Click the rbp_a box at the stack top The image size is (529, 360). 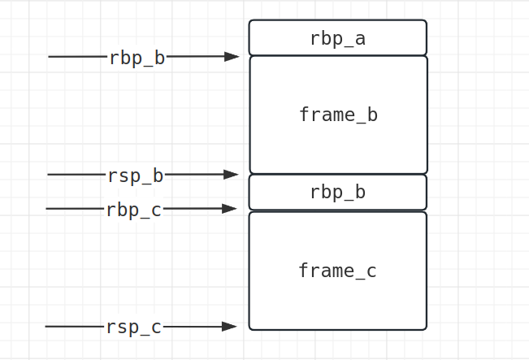point(337,38)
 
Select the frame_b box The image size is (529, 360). point(337,115)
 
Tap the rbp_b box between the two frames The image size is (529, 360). point(337,193)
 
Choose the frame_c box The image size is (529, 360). point(337,271)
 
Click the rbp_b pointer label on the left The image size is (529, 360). point(137,58)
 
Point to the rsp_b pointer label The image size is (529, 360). point(135,175)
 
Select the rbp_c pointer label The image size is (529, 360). point(133,210)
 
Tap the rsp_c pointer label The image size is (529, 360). point(133,327)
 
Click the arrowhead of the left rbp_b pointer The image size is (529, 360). point(232,57)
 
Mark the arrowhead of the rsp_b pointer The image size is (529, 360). point(232,174)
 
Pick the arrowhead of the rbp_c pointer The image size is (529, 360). point(230,209)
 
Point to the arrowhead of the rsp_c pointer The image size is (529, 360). point(230,327)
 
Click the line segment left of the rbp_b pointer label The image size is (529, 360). point(78,57)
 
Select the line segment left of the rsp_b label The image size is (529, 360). point(76,174)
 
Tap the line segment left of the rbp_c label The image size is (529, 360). point(75,209)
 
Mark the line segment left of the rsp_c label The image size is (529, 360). point(75,327)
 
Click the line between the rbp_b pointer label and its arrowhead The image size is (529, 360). point(195,57)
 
